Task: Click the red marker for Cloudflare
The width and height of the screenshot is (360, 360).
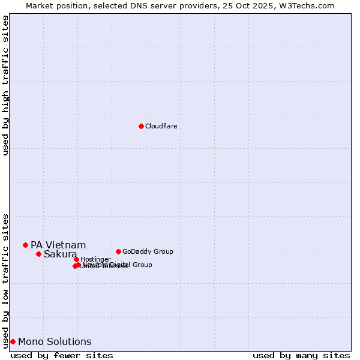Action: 141,126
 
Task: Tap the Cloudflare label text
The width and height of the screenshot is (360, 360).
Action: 161,126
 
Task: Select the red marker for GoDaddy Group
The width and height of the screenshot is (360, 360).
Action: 118,251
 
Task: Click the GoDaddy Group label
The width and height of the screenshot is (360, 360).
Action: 148,251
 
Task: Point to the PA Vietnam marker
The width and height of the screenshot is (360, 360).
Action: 25,245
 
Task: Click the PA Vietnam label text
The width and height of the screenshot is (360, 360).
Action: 58,245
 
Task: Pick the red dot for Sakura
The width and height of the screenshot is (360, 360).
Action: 38,254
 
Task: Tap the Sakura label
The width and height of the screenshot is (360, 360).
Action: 60,254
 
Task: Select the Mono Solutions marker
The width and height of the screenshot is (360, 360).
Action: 13,341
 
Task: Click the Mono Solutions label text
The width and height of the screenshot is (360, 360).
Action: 55,342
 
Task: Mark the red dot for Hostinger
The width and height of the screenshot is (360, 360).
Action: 76,259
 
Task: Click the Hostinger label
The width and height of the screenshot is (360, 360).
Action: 96,259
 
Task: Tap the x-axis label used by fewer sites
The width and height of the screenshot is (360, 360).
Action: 62,355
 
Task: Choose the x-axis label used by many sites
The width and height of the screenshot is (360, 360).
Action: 301,355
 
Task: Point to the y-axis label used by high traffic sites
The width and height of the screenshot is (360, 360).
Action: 5,85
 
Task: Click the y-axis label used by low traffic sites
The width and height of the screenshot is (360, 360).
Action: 5,280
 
